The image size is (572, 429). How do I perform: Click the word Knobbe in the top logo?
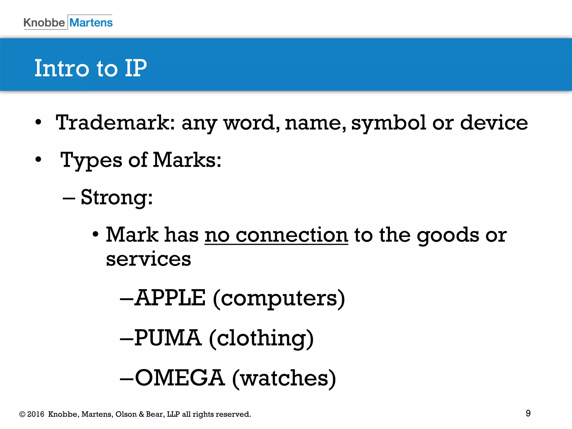[44, 23]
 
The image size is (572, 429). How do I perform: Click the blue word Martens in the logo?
[91, 23]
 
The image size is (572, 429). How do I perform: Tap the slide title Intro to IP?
[90, 68]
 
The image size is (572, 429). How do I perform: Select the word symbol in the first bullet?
[389, 123]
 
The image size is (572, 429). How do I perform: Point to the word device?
[494, 123]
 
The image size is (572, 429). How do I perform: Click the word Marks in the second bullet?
[187, 160]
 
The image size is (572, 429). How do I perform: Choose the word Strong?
[116, 197]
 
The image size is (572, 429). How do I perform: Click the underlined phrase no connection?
[276, 235]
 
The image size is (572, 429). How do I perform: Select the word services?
[149, 259]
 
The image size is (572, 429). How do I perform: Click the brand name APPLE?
[170, 298]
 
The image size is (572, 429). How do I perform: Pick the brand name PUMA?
[168, 338]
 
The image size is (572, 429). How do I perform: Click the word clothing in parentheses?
[261, 338]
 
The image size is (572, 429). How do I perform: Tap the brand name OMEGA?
[180, 378]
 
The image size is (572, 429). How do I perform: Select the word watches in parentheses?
[284, 378]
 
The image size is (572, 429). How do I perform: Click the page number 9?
[528, 413]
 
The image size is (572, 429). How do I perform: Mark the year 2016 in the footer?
[36, 414]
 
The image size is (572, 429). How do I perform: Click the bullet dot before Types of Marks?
[38, 159]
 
